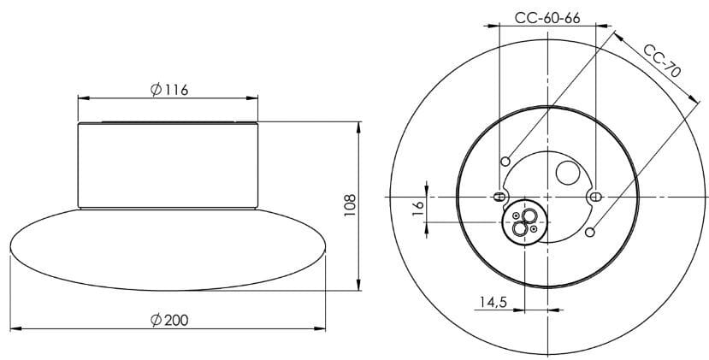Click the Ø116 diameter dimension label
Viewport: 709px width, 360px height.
168,90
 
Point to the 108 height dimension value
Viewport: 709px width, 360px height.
349,204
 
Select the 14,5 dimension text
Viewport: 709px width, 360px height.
493,302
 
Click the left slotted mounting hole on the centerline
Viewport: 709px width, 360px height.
498,197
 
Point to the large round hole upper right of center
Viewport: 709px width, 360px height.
567,174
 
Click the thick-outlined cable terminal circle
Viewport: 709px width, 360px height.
523,222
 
